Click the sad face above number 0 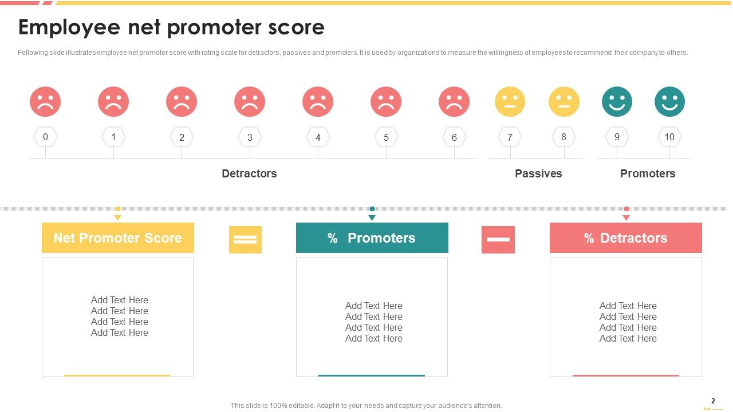coord(45,102)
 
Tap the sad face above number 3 coord(250,102)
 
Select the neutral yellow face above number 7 coord(510,102)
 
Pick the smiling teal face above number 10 coord(669,102)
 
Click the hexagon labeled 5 coord(386,137)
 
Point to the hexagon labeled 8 coord(563,137)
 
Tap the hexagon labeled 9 coord(617,137)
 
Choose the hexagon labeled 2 coord(182,137)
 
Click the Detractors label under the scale coord(249,173)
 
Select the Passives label coord(538,173)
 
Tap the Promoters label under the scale coord(648,173)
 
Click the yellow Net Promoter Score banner coord(118,238)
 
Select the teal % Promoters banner coord(372,238)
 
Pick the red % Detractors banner coord(626,238)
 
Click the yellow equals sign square coord(245,240)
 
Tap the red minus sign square coord(498,240)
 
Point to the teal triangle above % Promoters coord(372,218)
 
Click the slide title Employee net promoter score coord(171,27)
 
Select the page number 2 coord(713,401)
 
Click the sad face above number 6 coord(454,102)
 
